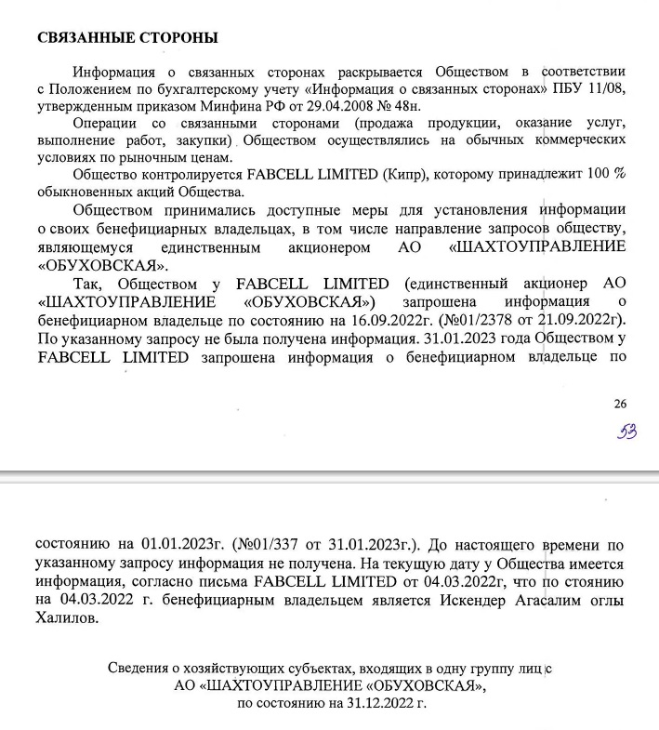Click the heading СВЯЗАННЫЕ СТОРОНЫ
pos(126,38)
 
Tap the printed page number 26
pos(620,403)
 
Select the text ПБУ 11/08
pos(589,89)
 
